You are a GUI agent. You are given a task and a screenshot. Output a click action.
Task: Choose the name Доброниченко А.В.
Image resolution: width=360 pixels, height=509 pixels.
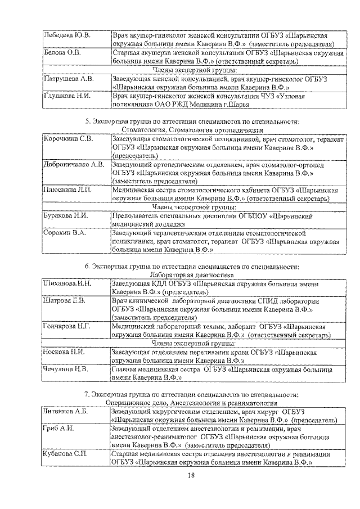point(74,165)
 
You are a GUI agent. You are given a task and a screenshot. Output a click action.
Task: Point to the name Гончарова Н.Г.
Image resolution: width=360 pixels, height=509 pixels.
point(67,326)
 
